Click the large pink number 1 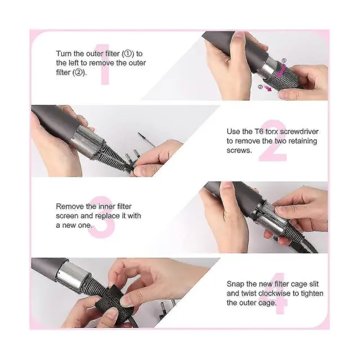(x=106, y=65)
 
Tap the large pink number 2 (x=273, y=140)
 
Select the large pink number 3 (x=102, y=217)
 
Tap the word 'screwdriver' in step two (x=299, y=132)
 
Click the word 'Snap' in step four (x=236, y=284)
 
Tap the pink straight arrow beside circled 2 (x=268, y=88)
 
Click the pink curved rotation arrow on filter (x=281, y=71)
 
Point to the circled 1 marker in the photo (x=284, y=61)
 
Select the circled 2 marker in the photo (x=260, y=87)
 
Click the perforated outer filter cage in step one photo (x=285, y=76)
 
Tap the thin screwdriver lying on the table (x=146, y=139)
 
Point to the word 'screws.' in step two (x=239, y=151)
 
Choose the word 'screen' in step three (x=67, y=216)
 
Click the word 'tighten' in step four (x=312, y=294)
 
